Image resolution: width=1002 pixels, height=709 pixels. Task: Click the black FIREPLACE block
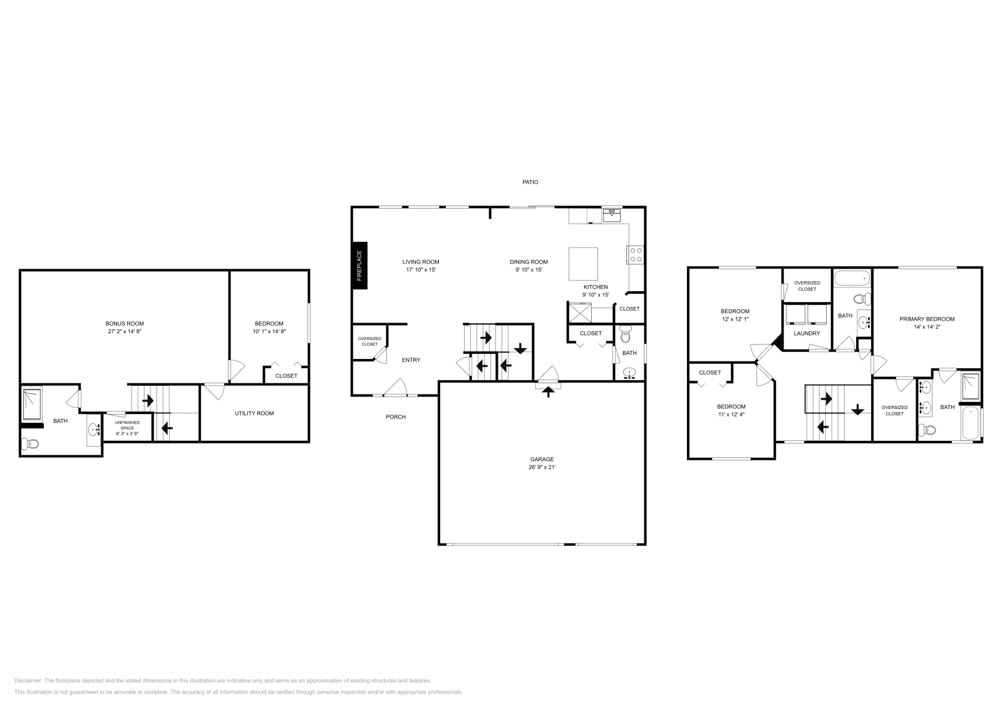359,266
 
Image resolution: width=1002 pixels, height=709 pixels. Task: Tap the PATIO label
530,182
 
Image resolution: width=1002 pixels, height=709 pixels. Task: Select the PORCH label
395,417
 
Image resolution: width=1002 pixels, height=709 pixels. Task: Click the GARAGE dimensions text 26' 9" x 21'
542,467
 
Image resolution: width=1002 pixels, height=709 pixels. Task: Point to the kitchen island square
582,264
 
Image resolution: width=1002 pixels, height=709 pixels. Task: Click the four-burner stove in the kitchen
636,254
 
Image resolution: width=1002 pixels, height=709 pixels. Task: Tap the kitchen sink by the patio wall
611,215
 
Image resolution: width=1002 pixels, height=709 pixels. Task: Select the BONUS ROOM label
125,324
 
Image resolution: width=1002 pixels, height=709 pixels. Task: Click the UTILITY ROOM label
254,413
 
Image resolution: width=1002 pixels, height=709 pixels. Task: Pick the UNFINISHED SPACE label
128,428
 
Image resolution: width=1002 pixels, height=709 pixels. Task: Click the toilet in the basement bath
30,444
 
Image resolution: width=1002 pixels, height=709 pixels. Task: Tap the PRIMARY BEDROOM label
927,319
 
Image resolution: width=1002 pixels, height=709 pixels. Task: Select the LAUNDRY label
807,333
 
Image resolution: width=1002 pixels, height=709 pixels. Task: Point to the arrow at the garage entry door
549,392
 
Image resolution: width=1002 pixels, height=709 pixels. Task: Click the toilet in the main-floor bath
625,336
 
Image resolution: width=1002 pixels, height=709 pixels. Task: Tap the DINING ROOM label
529,262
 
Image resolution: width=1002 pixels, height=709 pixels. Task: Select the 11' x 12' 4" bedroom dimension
731,414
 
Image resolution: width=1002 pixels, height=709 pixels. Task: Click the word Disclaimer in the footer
28,680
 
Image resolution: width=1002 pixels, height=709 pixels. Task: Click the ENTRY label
411,360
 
